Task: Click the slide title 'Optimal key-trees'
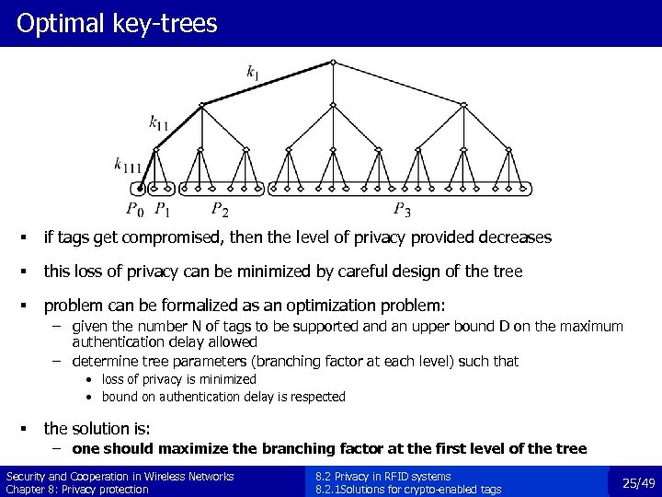117,23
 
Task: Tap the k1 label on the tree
253,71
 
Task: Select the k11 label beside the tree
158,121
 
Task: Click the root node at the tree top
333,62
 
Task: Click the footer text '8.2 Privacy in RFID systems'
382,476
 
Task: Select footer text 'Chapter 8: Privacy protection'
77,489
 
